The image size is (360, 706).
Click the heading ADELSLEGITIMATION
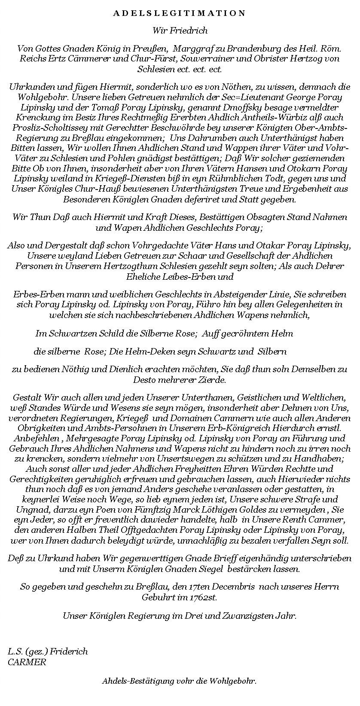coord(180,13)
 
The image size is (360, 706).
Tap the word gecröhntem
coord(243,333)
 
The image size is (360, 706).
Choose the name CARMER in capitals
coord(27,662)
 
